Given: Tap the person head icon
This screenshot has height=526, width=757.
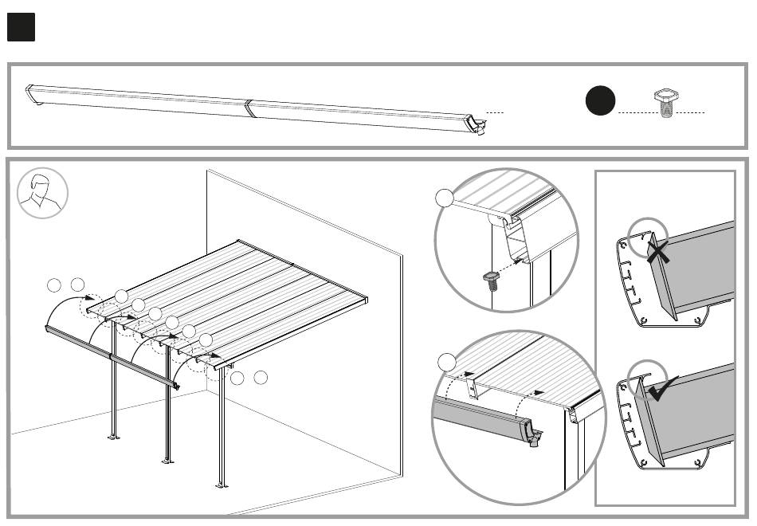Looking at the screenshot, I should [x=41, y=193].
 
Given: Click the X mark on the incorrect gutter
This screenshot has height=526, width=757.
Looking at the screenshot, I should [x=657, y=253].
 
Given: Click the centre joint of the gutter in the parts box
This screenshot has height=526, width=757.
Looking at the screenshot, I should [x=249, y=108].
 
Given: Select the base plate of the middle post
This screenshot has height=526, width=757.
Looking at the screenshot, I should [x=167, y=460].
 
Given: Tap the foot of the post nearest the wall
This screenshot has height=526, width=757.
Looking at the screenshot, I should [x=221, y=484].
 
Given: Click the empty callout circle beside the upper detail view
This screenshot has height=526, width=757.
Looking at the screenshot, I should [x=447, y=199].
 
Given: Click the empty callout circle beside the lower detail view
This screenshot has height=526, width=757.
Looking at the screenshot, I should [x=447, y=363].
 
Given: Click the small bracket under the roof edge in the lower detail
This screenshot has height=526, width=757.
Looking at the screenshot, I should [x=472, y=389].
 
